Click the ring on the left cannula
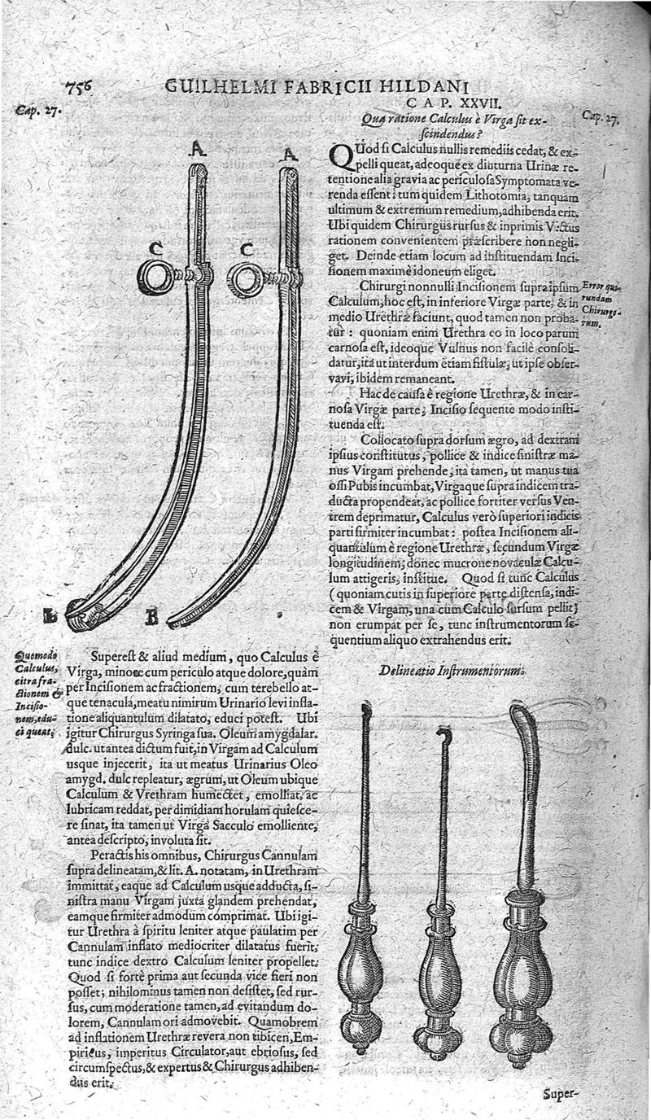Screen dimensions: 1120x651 pos(154,278)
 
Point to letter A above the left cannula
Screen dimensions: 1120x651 pos(195,147)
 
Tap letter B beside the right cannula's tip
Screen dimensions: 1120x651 pos(151,619)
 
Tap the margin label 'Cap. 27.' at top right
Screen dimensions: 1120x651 pos(601,117)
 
